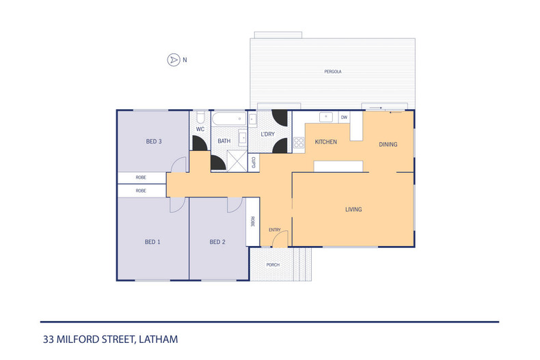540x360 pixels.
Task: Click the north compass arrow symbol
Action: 174,60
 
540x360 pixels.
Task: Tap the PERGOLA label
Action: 333,72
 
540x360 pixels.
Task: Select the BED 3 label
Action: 154,141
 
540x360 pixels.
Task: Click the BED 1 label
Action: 152,242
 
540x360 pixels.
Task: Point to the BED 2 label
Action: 217,242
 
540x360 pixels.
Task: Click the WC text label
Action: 200,128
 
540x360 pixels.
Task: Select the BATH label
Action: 224,141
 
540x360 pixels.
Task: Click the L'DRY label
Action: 267,135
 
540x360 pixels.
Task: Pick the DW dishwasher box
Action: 344,117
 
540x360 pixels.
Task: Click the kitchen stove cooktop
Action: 299,143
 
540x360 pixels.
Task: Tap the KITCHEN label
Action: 325,141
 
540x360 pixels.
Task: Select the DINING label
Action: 388,144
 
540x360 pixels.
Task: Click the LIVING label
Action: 353,209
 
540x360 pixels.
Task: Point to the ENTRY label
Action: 275,230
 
